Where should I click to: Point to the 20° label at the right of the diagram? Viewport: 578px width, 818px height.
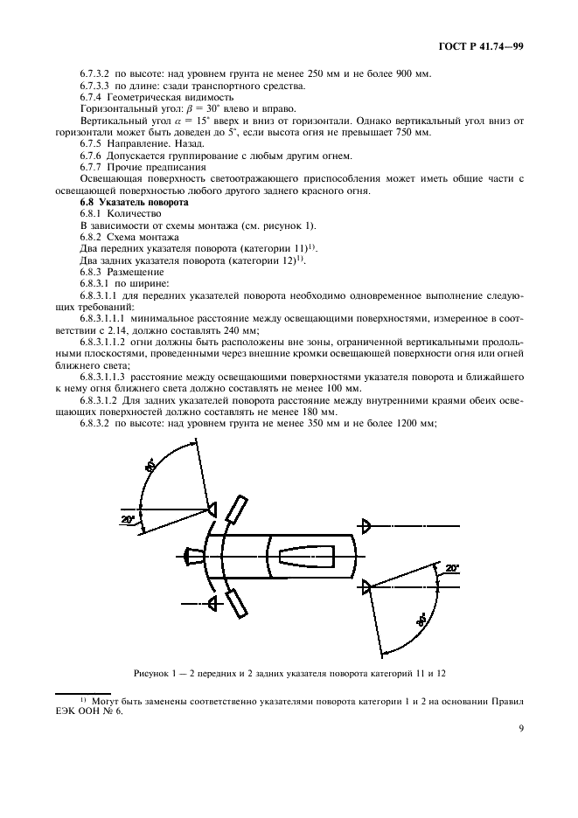click(x=450, y=569)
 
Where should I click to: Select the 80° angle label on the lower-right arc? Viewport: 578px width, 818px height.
click(x=422, y=621)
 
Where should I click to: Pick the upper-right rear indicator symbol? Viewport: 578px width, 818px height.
click(x=366, y=525)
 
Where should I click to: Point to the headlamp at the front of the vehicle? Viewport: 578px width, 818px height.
click(x=192, y=556)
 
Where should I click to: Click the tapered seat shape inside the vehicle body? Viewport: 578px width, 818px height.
click(x=306, y=557)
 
